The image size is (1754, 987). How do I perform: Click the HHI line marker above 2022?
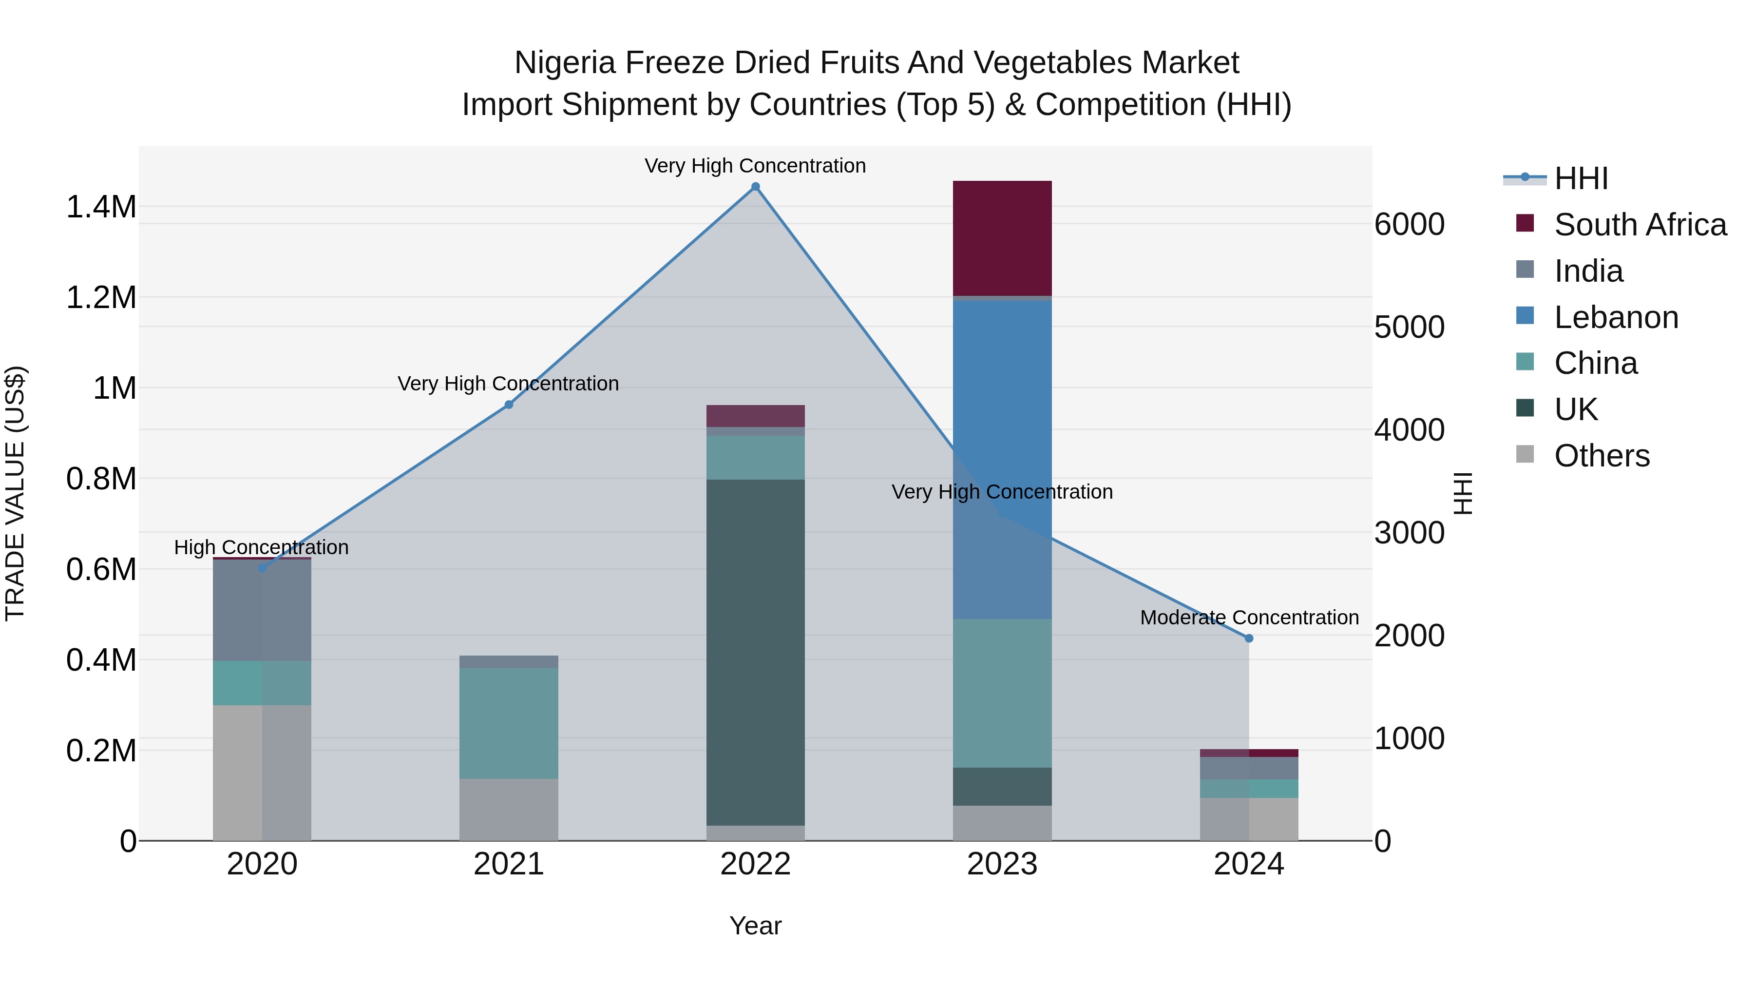point(755,187)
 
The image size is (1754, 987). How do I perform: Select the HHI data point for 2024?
point(1249,638)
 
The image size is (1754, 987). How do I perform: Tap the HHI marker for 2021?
point(509,405)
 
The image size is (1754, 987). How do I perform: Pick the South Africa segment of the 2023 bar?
point(1002,238)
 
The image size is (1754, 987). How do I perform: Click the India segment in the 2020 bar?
point(262,610)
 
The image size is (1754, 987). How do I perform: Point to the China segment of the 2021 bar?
point(509,723)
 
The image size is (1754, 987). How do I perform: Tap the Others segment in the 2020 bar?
point(262,773)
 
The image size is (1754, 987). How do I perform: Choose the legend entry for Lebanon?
point(1616,317)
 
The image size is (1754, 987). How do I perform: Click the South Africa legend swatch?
point(1525,223)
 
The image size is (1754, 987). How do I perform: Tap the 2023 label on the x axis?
point(1002,864)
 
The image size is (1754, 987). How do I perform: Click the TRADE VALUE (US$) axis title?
point(15,493)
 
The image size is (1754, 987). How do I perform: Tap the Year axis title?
point(755,926)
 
